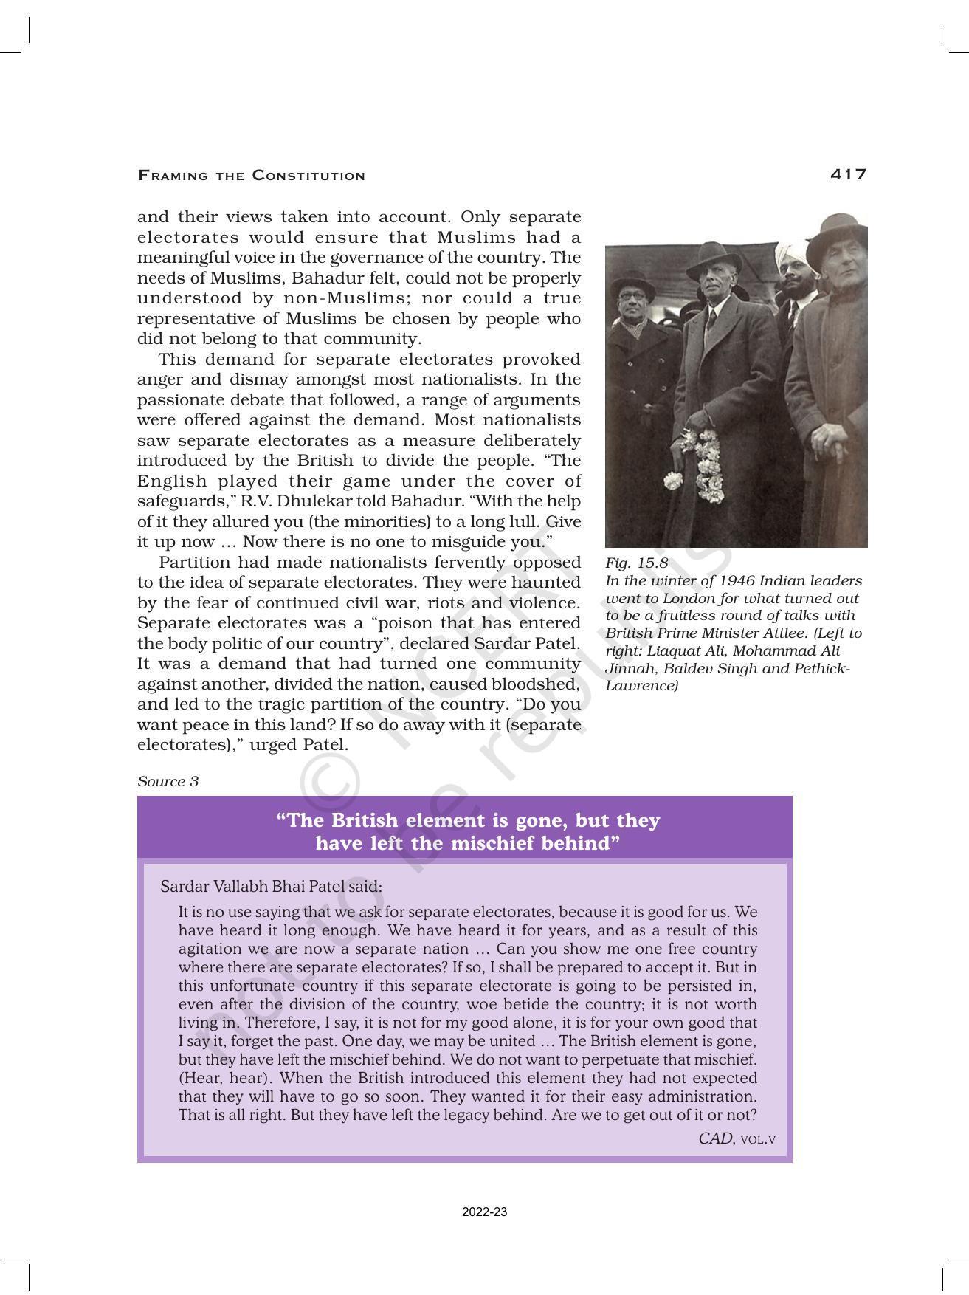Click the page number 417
point(848,174)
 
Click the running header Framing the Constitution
point(252,176)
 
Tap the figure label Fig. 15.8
point(636,563)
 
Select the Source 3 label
point(168,781)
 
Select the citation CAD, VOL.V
point(737,1138)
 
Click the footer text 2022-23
point(484,1212)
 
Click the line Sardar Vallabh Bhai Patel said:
point(271,886)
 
